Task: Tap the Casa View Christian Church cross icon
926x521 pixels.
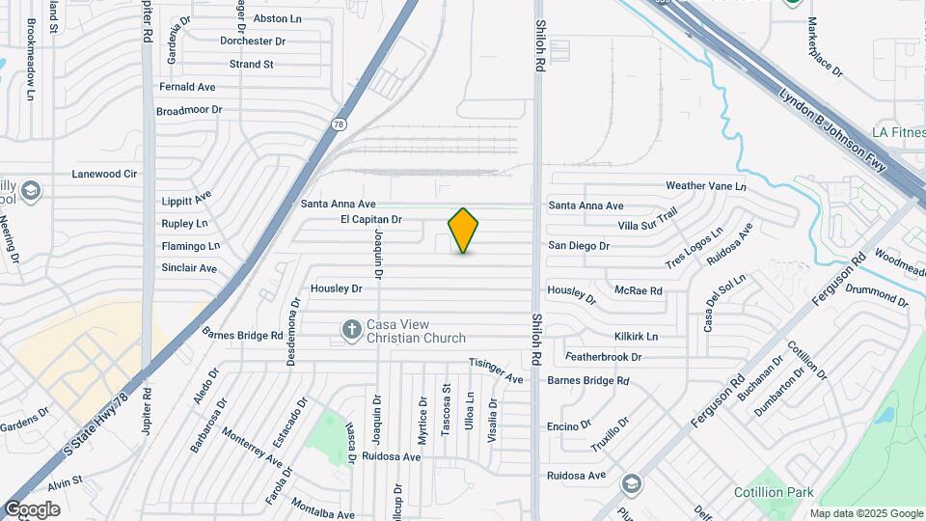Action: click(x=352, y=331)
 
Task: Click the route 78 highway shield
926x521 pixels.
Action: click(x=339, y=123)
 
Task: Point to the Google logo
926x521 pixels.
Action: click(x=32, y=509)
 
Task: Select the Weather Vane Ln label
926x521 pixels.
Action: click(x=706, y=185)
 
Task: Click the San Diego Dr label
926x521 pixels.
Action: click(x=579, y=246)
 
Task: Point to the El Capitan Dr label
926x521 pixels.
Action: click(x=370, y=220)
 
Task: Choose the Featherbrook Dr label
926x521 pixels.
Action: click(x=604, y=357)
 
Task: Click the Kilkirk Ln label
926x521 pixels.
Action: click(x=636, y=337)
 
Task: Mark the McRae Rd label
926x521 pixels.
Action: click(x=639, y=290)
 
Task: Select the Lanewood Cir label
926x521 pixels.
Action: click(x=105, y=175)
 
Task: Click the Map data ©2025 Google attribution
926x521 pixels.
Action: click(x=866, y=513)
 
